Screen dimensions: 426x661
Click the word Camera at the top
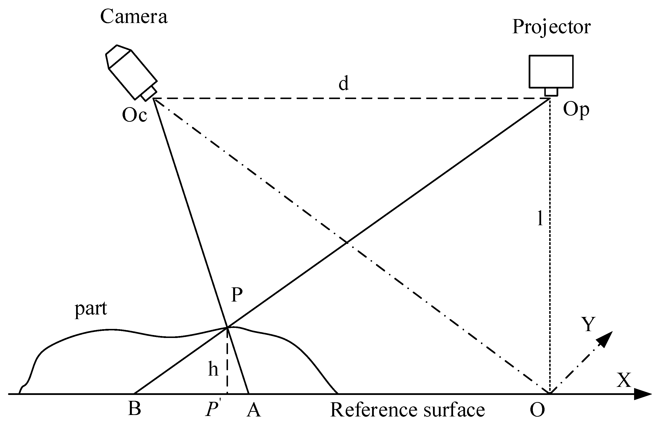tap(134, 17)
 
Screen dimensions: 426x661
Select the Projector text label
tap(551, 27)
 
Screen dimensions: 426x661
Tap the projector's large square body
tap(551, 72)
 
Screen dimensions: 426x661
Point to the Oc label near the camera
tap(135, 115)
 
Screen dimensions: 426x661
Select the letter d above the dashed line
tap(343, 83)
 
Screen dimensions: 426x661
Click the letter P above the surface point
tap(237, 294)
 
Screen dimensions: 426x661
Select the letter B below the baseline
tap(135, 408)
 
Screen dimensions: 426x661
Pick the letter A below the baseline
tap(253, 409)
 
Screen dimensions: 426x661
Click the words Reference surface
tap(407, 410)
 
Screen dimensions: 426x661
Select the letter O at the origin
tap(537, 410)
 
